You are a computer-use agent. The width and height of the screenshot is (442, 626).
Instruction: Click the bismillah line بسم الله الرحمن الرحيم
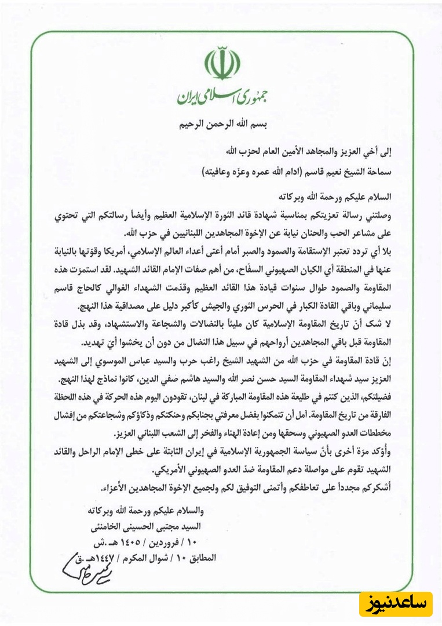(221, 125)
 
